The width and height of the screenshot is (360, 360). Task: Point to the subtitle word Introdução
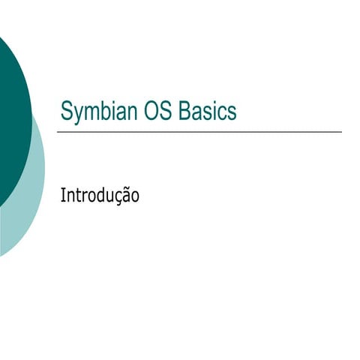[x=100, y=196]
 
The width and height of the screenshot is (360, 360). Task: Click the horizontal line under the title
[x=199, y=132]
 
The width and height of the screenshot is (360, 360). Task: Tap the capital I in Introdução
[x=62, y=196]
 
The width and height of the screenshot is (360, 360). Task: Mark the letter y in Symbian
[x=77, y=114]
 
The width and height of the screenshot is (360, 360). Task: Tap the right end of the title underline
[x=340, y=132]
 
